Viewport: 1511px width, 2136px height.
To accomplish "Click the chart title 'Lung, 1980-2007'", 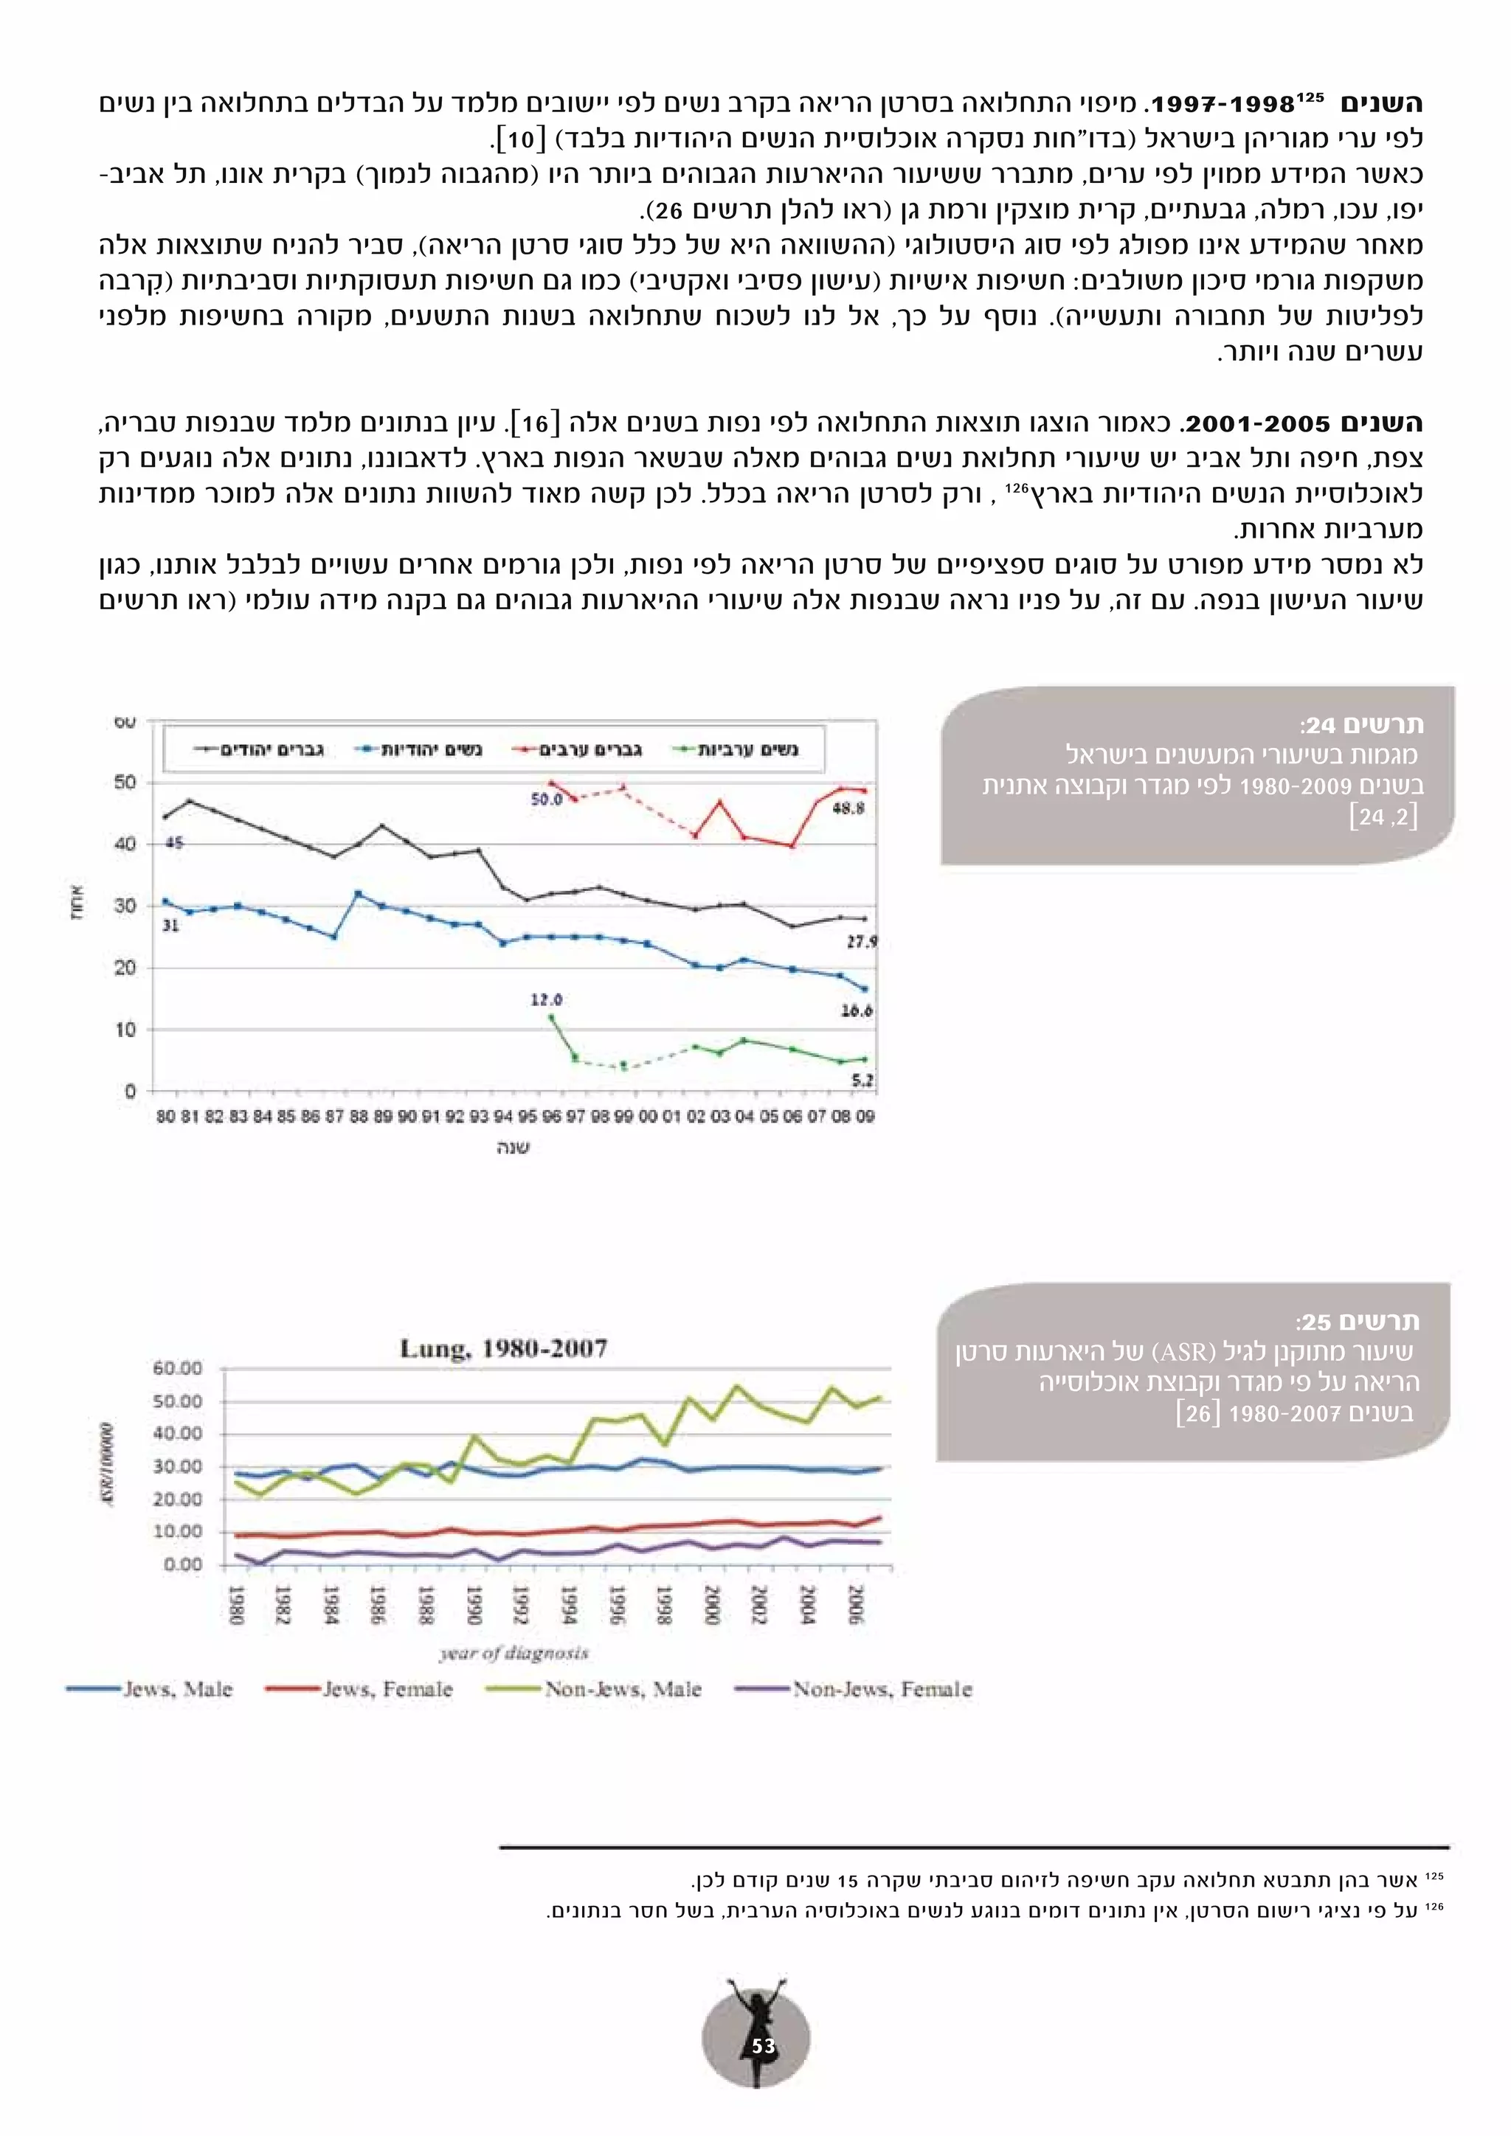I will coord(503,1349).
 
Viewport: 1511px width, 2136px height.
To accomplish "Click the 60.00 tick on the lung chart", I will coord(177,1368).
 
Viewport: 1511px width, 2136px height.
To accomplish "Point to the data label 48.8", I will coord(848,808).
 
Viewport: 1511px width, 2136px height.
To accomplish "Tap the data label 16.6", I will coord(856,1010).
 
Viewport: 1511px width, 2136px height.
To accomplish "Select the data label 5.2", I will coord(862,1080).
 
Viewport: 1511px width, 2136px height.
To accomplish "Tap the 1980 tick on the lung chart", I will coord(236,1606).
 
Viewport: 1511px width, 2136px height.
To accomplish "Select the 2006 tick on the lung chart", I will coord(855,1606).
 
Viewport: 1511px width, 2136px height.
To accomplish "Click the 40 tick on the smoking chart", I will coord(125,844).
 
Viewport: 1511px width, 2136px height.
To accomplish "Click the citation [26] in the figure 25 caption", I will coord(1197,1413).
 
